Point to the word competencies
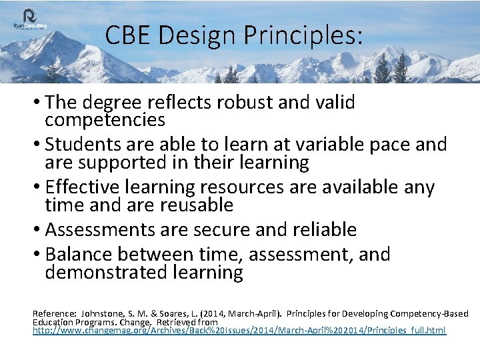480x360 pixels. tap(105, 120)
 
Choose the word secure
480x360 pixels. tap(218, 229)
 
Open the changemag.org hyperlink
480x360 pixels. tap(239, 331)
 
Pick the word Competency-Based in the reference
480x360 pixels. tap(430, 313)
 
